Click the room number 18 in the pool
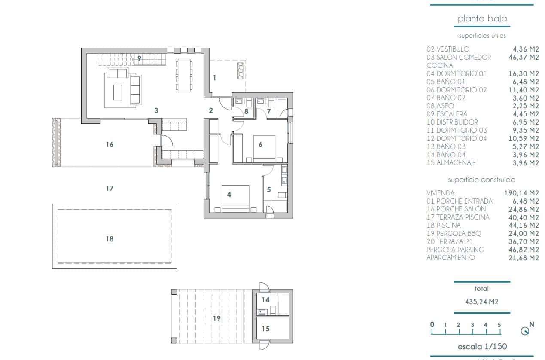[x=110, y=239]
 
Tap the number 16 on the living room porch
[x=110, y=145]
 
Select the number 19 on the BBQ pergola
[x=216, y=318]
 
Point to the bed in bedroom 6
[x=263, y=148]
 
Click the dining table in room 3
[x=184, y=75]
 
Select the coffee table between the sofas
[x=117, y=92]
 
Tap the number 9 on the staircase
[x=139, y=58]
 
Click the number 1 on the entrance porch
[x=214, y=78]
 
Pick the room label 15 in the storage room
[x=265, y=329]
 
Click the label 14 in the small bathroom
[x=265, y=300]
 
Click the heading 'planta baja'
[x=482, y=18]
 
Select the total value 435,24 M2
[x=481, y=302]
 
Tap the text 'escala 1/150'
[x=481, y=347]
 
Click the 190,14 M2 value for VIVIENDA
[x=521, y=193]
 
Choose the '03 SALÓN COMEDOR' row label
[x=458, y=57]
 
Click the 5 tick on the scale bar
[x=499, y=325]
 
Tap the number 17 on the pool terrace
[x=110, y=188]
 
